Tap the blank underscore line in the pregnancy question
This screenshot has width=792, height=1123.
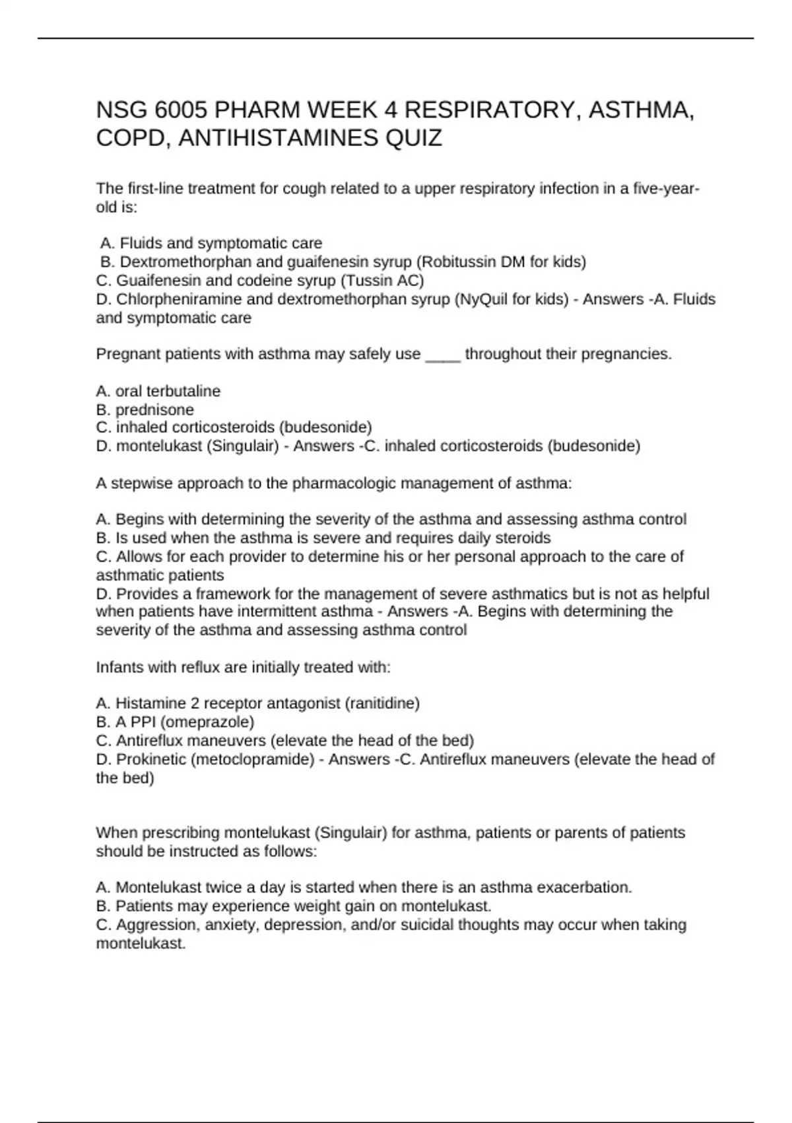(443, 355)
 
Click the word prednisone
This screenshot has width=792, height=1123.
(154, 410)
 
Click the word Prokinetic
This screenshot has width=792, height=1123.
(151, 760)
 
